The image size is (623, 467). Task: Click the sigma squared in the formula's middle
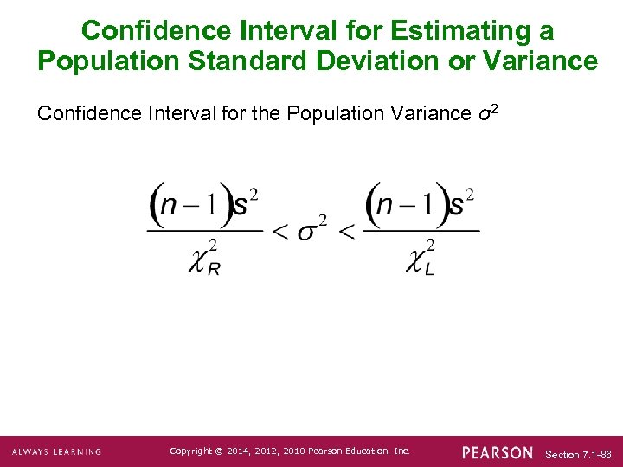[312, 230]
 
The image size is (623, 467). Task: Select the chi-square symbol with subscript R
[204, 257]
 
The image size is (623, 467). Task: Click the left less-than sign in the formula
[280, 232]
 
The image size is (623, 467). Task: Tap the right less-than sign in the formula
[346, 232]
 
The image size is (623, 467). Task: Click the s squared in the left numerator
[247, 205]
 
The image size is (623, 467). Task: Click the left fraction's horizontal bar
[205, 230]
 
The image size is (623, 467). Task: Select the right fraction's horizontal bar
[421, 230]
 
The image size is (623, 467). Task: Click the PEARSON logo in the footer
[498, 452]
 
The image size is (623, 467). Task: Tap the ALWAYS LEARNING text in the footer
[56, 452]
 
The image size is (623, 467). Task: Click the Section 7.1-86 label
[578, 454]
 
